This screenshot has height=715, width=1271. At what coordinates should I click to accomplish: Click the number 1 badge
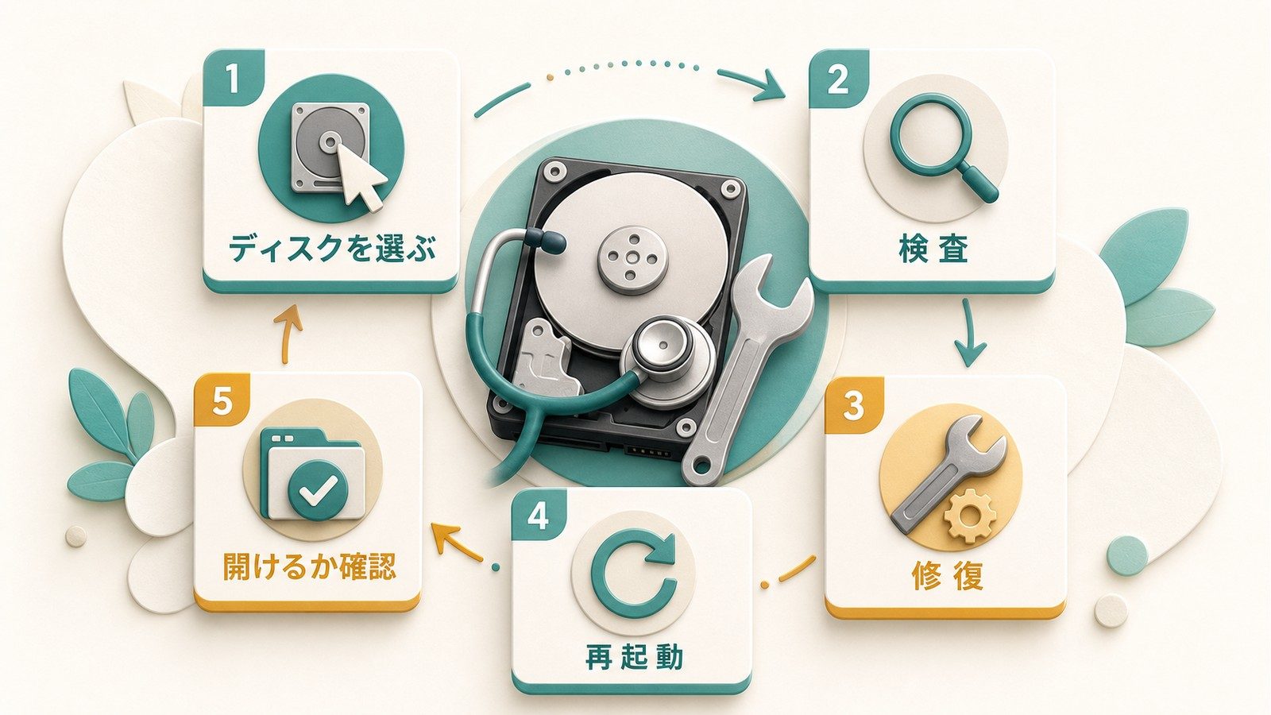click(x=234, y=79)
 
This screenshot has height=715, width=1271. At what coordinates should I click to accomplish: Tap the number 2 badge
click(x=837, y=79)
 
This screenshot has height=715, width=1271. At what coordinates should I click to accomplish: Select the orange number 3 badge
click(x=853, y=405)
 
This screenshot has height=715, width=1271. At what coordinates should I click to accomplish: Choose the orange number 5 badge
click(x=222, y=402)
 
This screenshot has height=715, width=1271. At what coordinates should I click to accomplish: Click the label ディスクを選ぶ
click(x=332, y=249)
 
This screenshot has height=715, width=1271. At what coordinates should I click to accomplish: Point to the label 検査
click(x=933, y=249)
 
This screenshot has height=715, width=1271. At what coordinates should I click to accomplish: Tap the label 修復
click(x=947, y=575)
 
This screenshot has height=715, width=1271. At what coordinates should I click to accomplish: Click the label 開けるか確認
click(x=309, y=566)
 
